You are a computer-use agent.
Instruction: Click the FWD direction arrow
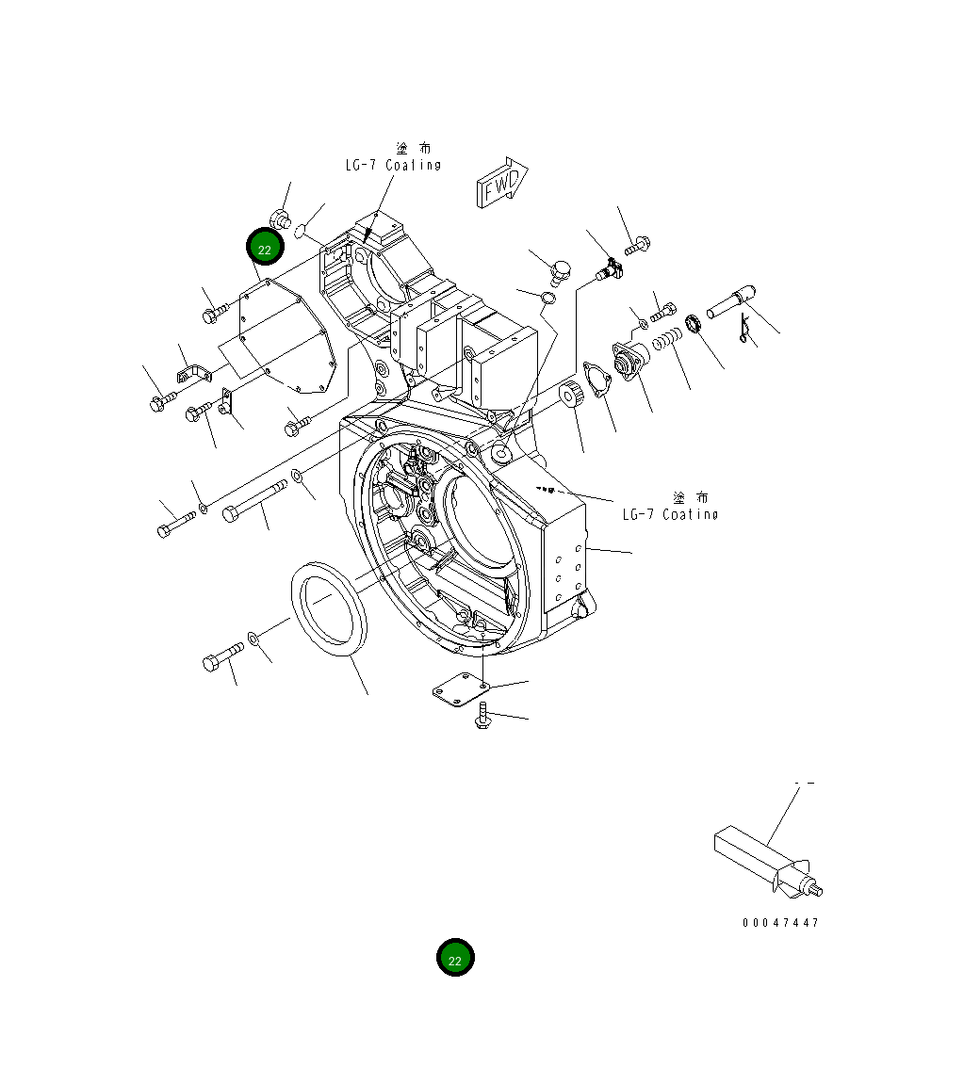pyautogui.click(x=503, y=182)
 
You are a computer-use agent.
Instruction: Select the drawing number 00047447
pyautogui.click(x=780, y=922)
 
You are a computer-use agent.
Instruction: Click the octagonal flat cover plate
pyautogui.click(x=282, y=333)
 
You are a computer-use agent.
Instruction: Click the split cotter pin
pyautogui.click(x=746, y=329)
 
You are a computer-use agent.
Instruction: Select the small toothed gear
pyautogui.click(x=573, y=397)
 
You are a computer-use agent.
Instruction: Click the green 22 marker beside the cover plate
pyautogui.click(x=265, y=249)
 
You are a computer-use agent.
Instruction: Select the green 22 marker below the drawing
pyautogui.click(x=455, y=958)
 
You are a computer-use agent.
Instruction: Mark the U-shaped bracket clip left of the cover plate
pyautogui.click(x=194, y=372)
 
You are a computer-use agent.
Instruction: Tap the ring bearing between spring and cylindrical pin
pyautogui.click(x=695, y=325)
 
